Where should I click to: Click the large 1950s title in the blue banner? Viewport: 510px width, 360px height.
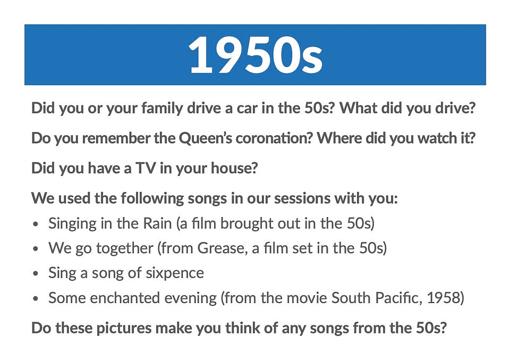click(x=256, y=55)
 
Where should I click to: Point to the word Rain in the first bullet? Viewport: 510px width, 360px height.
click(x=157, y=223)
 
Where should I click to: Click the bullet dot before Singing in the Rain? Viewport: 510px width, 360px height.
click(x=36, y=224)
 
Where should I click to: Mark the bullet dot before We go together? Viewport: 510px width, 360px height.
click(x=36, y=249)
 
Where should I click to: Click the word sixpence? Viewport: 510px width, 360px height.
click(x=175, y=273)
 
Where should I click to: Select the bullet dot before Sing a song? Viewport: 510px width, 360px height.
click(x=36, y=274)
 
